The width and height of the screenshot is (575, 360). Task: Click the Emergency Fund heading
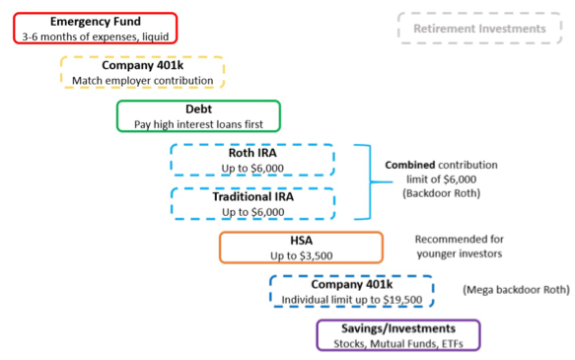point(96,22)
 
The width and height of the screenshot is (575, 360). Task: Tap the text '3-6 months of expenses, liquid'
point(96,36)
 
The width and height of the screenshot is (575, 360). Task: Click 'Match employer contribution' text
point(142,80)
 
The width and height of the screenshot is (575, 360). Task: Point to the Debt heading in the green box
point(198,108)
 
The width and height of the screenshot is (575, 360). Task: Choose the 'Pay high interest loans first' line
point(198,124)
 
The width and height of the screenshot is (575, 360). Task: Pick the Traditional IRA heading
point(252,196)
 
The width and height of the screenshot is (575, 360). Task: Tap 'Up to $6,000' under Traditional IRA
point(252,211)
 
